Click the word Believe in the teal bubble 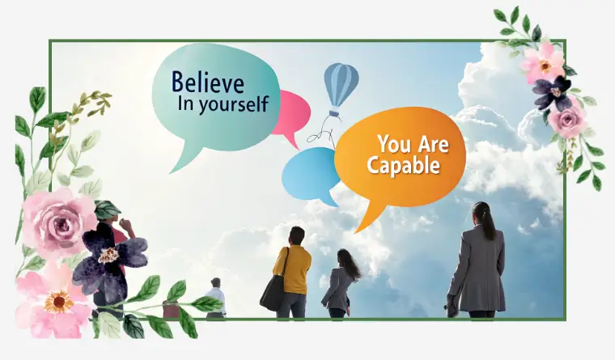(208, 82)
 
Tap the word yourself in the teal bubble (234, 104)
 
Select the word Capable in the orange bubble (403, 165)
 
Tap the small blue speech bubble (311, 175)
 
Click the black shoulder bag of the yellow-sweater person (274, 292)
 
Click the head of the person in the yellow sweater (297, 236)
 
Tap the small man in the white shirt (215, 297)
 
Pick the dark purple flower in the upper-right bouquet (552, 93)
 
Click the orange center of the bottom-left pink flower (58, 302)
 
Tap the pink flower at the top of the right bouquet (544, 63)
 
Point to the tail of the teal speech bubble (184, 159)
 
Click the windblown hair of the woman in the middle (350, 264)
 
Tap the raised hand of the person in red (125, 225)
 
